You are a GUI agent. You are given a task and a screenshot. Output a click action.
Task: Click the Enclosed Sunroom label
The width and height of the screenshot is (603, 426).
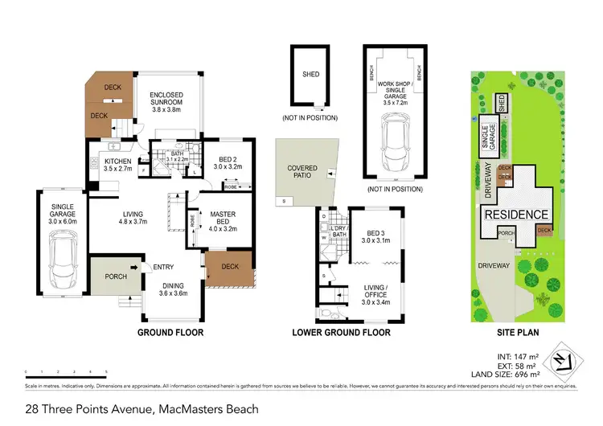point(168,104)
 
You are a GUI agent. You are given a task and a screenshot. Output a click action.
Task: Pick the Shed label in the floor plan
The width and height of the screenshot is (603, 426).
point(311,75)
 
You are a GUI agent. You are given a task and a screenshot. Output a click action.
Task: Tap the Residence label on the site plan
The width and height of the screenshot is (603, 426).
point(517,215)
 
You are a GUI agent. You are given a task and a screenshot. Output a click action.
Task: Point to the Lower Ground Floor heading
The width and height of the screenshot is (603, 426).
point(341,332)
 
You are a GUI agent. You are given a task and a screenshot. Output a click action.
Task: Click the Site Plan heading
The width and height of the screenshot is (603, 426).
point(512,332)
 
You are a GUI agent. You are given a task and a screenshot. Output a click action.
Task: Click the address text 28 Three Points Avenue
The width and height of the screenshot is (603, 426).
point(141,409)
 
